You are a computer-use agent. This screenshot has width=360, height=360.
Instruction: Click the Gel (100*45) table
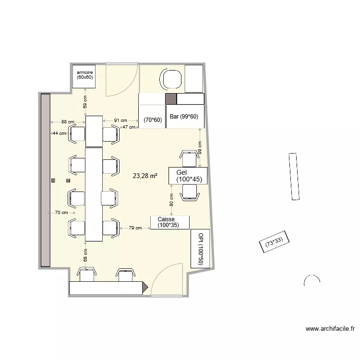click(x=188, y=176)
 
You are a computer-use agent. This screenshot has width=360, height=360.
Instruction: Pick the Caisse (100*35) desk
click(x=170, y=222)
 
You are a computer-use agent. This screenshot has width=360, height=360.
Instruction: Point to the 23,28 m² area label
click(x=145, y=176)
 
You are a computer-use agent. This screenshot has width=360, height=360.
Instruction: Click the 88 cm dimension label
click(x=67, y=121)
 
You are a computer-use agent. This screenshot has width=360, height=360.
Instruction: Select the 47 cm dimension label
click(x=129, y=127)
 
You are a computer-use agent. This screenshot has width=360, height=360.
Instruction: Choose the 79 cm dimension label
click(x=135, y=228)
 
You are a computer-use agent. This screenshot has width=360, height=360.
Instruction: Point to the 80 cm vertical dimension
click(x=171, y=200)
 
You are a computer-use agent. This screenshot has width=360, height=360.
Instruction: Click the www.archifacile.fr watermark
click(x=330, y=329)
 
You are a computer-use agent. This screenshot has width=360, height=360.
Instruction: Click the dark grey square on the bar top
click(x=171, y=99)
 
